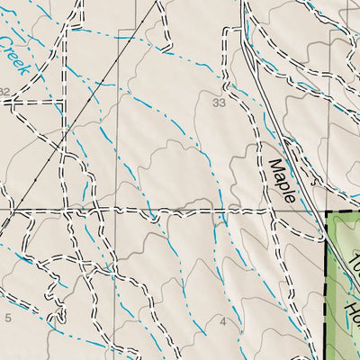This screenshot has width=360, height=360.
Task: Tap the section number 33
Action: [x=219, y=103]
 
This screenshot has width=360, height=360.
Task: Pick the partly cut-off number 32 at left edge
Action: [x=4, y=92]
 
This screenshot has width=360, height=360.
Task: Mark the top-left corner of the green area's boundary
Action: [x=325, y=213]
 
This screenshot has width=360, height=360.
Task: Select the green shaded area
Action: [x=342, y=288]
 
